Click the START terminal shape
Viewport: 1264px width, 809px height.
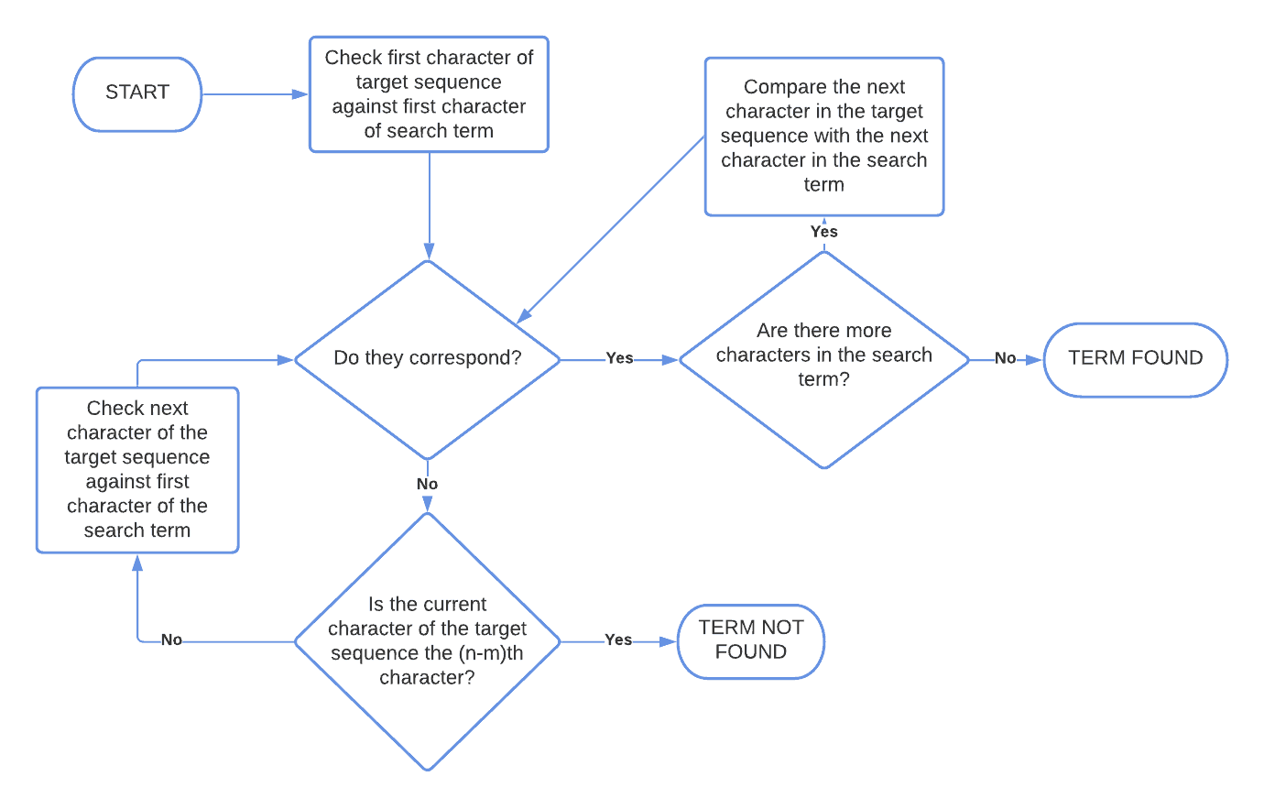pyautogui.click(x=137, y=93)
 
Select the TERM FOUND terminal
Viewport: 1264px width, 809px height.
pyautogui.click(x=1135, y=359)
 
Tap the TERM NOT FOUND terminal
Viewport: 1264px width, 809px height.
pyautogui.click(x=751, y=640)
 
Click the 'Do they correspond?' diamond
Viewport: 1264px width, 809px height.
pyautogui.click(x=427, y=358)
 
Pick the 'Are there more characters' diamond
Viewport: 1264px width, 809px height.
pyautogui.click(x=823, y=358)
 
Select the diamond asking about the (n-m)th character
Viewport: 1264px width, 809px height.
pyautogui.click(x=427, y=640)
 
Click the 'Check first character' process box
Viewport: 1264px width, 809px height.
pyautogui.click(x=429, y=94)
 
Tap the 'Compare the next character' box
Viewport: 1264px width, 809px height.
pyautogui.click(x=823, y=137)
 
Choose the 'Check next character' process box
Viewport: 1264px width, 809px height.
pyautogui.click(x=137, y=469)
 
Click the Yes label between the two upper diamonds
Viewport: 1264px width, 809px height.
pyautogui.click(x=619, y=358)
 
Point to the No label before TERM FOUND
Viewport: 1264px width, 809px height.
pyautogui.click(x=1005, y=358)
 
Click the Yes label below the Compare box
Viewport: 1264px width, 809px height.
pyautogui.click(x=823, y=232)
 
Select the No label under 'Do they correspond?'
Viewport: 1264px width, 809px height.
pyautogui.click(x=427, y=484)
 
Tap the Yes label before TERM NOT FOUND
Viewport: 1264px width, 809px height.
pyautogui.click(x=618, y=640)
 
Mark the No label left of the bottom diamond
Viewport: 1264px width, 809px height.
pyautogui.click(x=171, y=640)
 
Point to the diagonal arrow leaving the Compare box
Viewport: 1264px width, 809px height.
pyautogui.click(x=612, y=229)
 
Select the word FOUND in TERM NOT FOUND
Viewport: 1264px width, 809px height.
pyautogui.click(x=751, y=652)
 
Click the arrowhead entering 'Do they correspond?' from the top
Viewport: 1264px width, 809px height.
pyautogui.click(x=429, y=251)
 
